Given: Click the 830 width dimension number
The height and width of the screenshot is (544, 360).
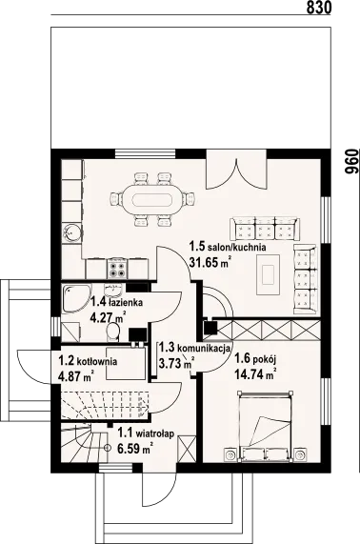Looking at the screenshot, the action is pos(319,8).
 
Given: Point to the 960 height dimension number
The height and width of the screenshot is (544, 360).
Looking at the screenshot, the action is pos(350,162).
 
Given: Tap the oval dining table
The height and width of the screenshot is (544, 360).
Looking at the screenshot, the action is pos(153,200).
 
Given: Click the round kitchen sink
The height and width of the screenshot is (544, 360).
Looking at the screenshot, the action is pos(72,232).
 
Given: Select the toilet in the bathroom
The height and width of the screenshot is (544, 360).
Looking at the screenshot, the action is pos(113,332).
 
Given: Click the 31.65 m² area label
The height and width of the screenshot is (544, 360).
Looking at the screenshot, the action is pos(210,262).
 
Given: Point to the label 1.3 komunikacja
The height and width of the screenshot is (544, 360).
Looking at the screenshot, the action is pos(194,348).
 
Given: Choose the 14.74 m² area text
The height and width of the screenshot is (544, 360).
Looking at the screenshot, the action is pos(255,374).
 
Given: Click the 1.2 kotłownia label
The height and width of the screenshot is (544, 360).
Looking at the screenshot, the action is pos(88,361).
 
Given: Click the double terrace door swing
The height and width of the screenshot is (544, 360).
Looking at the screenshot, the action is pos(236,174).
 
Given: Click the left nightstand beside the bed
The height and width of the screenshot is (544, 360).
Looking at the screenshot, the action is pos(230,453).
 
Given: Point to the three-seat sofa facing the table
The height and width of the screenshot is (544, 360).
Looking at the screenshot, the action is pos(265,229).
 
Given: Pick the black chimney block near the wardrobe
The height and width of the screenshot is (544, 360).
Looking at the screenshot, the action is pos(210,328).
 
